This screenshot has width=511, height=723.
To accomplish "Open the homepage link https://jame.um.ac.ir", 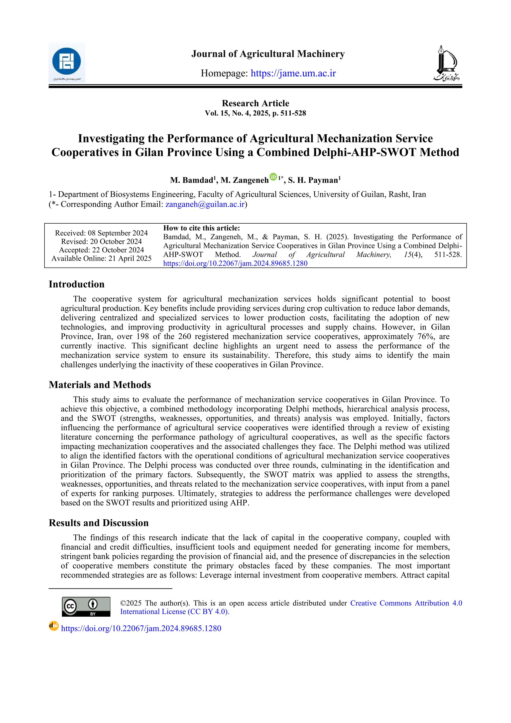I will (293, 73).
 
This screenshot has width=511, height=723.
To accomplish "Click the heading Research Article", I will (255, 103).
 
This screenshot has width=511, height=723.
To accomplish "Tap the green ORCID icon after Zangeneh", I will (273, 177).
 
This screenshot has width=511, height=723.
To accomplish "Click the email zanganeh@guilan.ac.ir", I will (205, 204).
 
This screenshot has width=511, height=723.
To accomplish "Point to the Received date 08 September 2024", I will (118, 233).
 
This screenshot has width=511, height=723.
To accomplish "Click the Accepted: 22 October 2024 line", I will (101, 250).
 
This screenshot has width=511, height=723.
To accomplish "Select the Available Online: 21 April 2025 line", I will (101, 259).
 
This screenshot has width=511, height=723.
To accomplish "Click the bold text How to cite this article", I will (202, 228).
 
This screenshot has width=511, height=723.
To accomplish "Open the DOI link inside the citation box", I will (235, 264).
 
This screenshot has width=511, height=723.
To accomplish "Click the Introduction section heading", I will (77, 284).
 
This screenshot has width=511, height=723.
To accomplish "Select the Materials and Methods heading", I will (100, 385).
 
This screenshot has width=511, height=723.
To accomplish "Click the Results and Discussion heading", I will (99, 523).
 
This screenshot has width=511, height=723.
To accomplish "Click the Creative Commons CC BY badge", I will (86, 607).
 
